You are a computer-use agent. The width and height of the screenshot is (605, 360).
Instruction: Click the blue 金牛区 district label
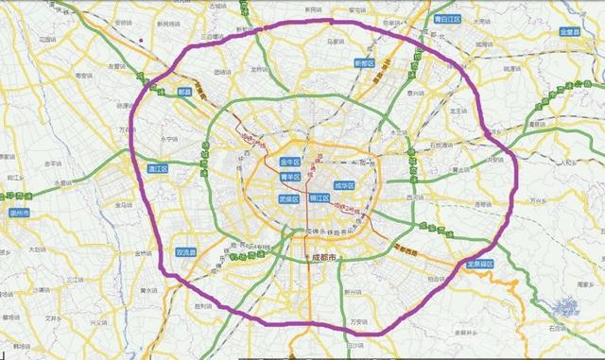coord(292,163)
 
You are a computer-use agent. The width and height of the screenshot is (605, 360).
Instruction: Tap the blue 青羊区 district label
coord(290,177)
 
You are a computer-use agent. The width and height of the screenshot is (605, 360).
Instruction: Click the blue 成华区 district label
coord(345,186)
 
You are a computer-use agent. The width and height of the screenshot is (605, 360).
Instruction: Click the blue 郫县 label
coord(184,92)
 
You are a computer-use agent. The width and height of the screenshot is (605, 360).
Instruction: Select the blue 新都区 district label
coord(365,63)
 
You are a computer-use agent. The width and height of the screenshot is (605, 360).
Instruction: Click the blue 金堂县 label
coord(574,32)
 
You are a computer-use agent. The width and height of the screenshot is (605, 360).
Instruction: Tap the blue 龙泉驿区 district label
coord(483,265)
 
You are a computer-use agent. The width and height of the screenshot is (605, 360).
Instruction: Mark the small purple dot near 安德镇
coord(141,40)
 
